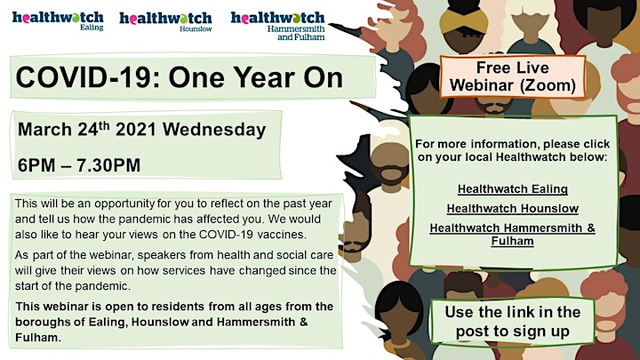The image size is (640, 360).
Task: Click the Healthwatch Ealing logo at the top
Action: tap(58, 20)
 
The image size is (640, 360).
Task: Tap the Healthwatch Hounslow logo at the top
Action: tap(165, 21)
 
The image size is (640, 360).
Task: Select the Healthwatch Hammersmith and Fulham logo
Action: tap(277, 25)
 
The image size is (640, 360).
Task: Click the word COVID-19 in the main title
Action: tap(84, 77)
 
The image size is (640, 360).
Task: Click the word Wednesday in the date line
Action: tap(214, 130)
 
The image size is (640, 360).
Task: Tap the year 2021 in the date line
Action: tap(136, 130)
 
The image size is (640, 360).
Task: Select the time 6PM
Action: tap(35, 165)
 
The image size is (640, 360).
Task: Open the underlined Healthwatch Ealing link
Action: tap(513, 189)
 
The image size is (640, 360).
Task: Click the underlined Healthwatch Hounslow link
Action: tap(513, 209)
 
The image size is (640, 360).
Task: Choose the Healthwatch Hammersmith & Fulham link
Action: tap(513, 235)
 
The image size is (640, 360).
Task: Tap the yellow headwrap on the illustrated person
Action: tap(464, 21)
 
